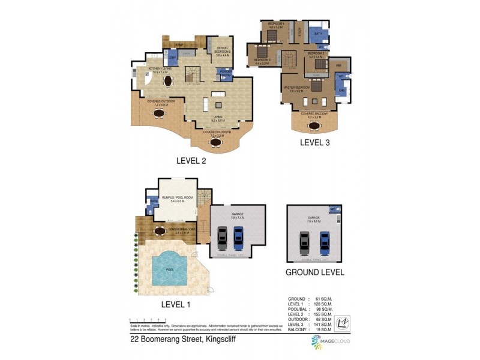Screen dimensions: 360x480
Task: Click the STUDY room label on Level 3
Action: point(299,32)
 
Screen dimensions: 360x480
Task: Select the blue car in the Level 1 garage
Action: point(238,238)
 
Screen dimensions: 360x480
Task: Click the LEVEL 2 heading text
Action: point(191,160)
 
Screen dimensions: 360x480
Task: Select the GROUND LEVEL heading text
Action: point(315,272)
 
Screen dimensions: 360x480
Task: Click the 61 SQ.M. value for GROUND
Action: point(323,298)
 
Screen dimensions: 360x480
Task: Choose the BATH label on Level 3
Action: point(318,34)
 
